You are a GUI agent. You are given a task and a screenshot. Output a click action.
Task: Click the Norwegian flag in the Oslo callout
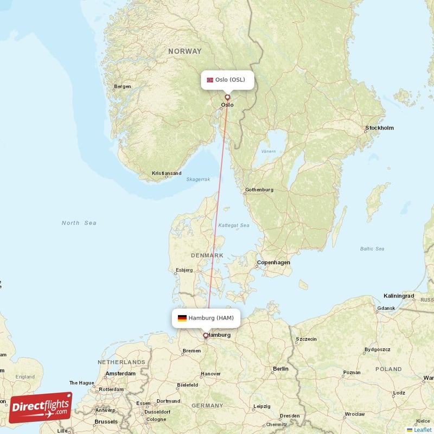point(210,80)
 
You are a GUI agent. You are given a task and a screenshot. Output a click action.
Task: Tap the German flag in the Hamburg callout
point(182,318)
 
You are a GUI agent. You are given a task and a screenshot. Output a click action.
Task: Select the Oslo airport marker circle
point(227,98)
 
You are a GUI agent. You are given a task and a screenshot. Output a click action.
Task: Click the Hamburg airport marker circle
point(206,335)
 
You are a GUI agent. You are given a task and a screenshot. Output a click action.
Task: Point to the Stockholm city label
point(379,128)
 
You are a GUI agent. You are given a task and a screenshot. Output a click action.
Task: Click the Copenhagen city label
point(273,263)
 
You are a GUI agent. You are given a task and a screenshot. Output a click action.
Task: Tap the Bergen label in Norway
point(123,86)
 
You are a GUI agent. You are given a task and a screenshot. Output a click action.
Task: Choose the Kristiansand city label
point(167,174)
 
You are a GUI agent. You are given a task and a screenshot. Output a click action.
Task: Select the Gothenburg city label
point(259,190)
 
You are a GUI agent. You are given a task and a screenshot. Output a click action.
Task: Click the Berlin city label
point(281,369)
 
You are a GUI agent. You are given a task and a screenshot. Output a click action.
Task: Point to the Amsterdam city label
point(120,374)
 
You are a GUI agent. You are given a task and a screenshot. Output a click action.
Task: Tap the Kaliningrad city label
point(399,296)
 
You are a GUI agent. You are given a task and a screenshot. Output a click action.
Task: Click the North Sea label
point(79,223)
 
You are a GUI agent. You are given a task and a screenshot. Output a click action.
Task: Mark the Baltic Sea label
point(372,249)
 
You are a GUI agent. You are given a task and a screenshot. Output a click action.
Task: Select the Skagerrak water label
point(198,179)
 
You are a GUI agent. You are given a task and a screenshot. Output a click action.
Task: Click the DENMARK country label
point(207,255)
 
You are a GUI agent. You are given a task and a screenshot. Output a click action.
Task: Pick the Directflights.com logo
point(41,407)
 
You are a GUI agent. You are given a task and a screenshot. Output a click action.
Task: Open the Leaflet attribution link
point(422,430)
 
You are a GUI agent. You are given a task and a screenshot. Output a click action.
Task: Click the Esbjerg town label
point(184,270)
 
